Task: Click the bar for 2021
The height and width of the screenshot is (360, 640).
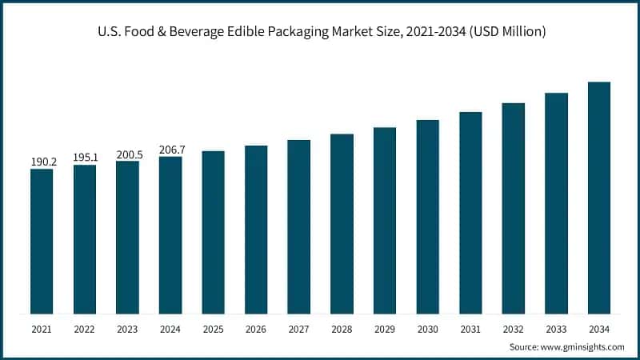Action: (x=42, y=241)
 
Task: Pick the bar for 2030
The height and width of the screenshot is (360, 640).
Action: (x=427, y=216)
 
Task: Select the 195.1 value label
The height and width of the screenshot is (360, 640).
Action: (x=85, y=158)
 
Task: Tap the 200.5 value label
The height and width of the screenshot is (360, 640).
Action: (x=127, y=154)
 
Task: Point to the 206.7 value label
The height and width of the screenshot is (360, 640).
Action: (x=170, y=149)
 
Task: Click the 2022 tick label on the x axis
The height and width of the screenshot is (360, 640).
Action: (x=85, y=329)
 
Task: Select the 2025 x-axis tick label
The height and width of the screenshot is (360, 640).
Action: (x=213, y=329)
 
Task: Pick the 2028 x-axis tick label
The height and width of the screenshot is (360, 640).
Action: (x=342, y=329)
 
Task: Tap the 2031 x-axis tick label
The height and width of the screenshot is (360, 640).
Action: (x=470, y=329)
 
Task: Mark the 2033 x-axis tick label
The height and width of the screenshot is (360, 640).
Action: (x=556, y=329)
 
